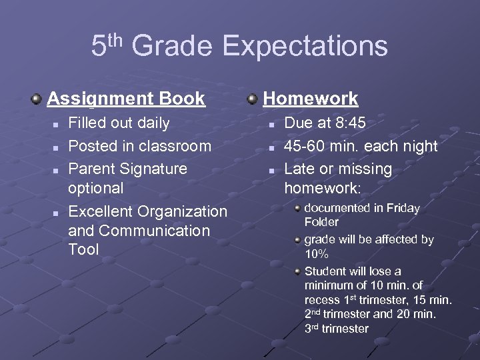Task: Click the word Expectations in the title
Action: pyautogui.click(x=305, y=47)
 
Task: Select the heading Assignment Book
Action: pyautogui.click(x=126, y=99)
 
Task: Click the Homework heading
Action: pyautogui.click(x=311, y=99)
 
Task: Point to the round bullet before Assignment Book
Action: pyautogui.click(x=37, y=99)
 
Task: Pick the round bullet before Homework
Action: pyautogui.click(x=253, y=99)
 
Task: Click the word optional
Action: pyautogui.click(x=95, y=188)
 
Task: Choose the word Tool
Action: pyautogui.click(x=83, y=249)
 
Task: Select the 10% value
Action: pyautogui.click(x=316, y=255)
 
